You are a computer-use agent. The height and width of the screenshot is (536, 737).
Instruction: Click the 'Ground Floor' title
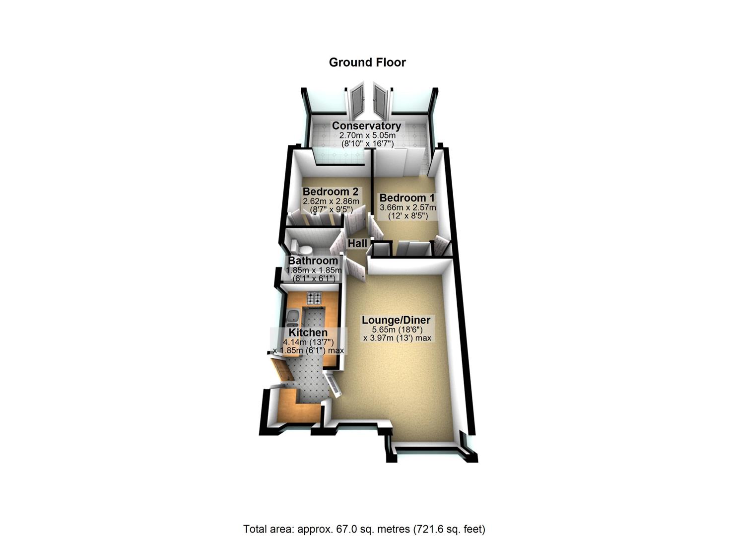click(367, 63)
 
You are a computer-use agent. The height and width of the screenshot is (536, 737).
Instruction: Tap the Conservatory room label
click(366, 126)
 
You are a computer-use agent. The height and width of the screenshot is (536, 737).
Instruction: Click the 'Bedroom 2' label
click(331, 192)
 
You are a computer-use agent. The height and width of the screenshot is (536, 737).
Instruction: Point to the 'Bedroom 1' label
click(407, 198)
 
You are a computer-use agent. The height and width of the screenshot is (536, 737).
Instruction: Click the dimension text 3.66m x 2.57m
click(407, 208)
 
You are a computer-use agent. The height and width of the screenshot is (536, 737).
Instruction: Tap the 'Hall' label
click(357, 244)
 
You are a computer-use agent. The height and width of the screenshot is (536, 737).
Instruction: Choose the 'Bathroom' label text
click(313, 261)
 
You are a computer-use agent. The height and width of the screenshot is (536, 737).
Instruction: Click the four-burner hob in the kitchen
click(314, 298)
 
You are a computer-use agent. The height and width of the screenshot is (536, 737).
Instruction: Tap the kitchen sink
click(292, 316)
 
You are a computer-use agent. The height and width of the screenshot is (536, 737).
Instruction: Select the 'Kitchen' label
click(308, 333)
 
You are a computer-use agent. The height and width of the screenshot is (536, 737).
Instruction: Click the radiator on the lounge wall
click(333, 384)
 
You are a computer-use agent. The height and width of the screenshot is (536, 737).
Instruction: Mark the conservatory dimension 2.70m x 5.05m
click(367, 135)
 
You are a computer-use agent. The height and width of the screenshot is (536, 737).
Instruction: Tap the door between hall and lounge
click(356, 269)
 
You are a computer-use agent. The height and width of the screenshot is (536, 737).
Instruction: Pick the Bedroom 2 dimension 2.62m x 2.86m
click(331, 201)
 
